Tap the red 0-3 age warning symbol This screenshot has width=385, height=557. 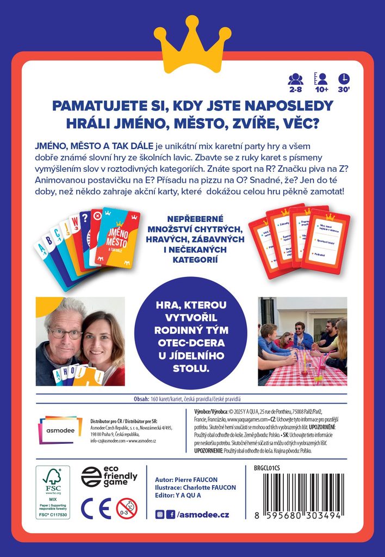click(x=127, y=508)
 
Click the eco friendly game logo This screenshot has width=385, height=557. click(x=109, y=476)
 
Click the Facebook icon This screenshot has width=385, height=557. click(x=171, y=515)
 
